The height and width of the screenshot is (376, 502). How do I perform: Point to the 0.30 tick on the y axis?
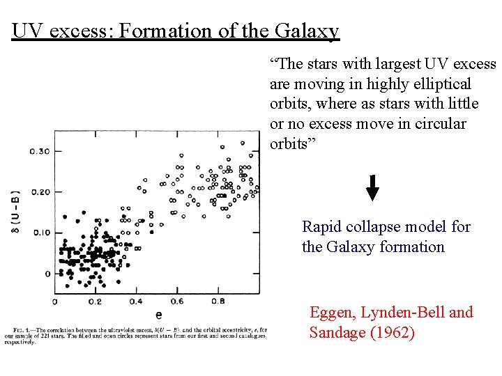40,152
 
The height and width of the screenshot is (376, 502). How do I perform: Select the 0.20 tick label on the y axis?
40,192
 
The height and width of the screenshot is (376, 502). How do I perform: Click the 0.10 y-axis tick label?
40,233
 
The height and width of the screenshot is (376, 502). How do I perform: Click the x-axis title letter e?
159,315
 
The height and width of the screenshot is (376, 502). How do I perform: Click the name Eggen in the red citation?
332,313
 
